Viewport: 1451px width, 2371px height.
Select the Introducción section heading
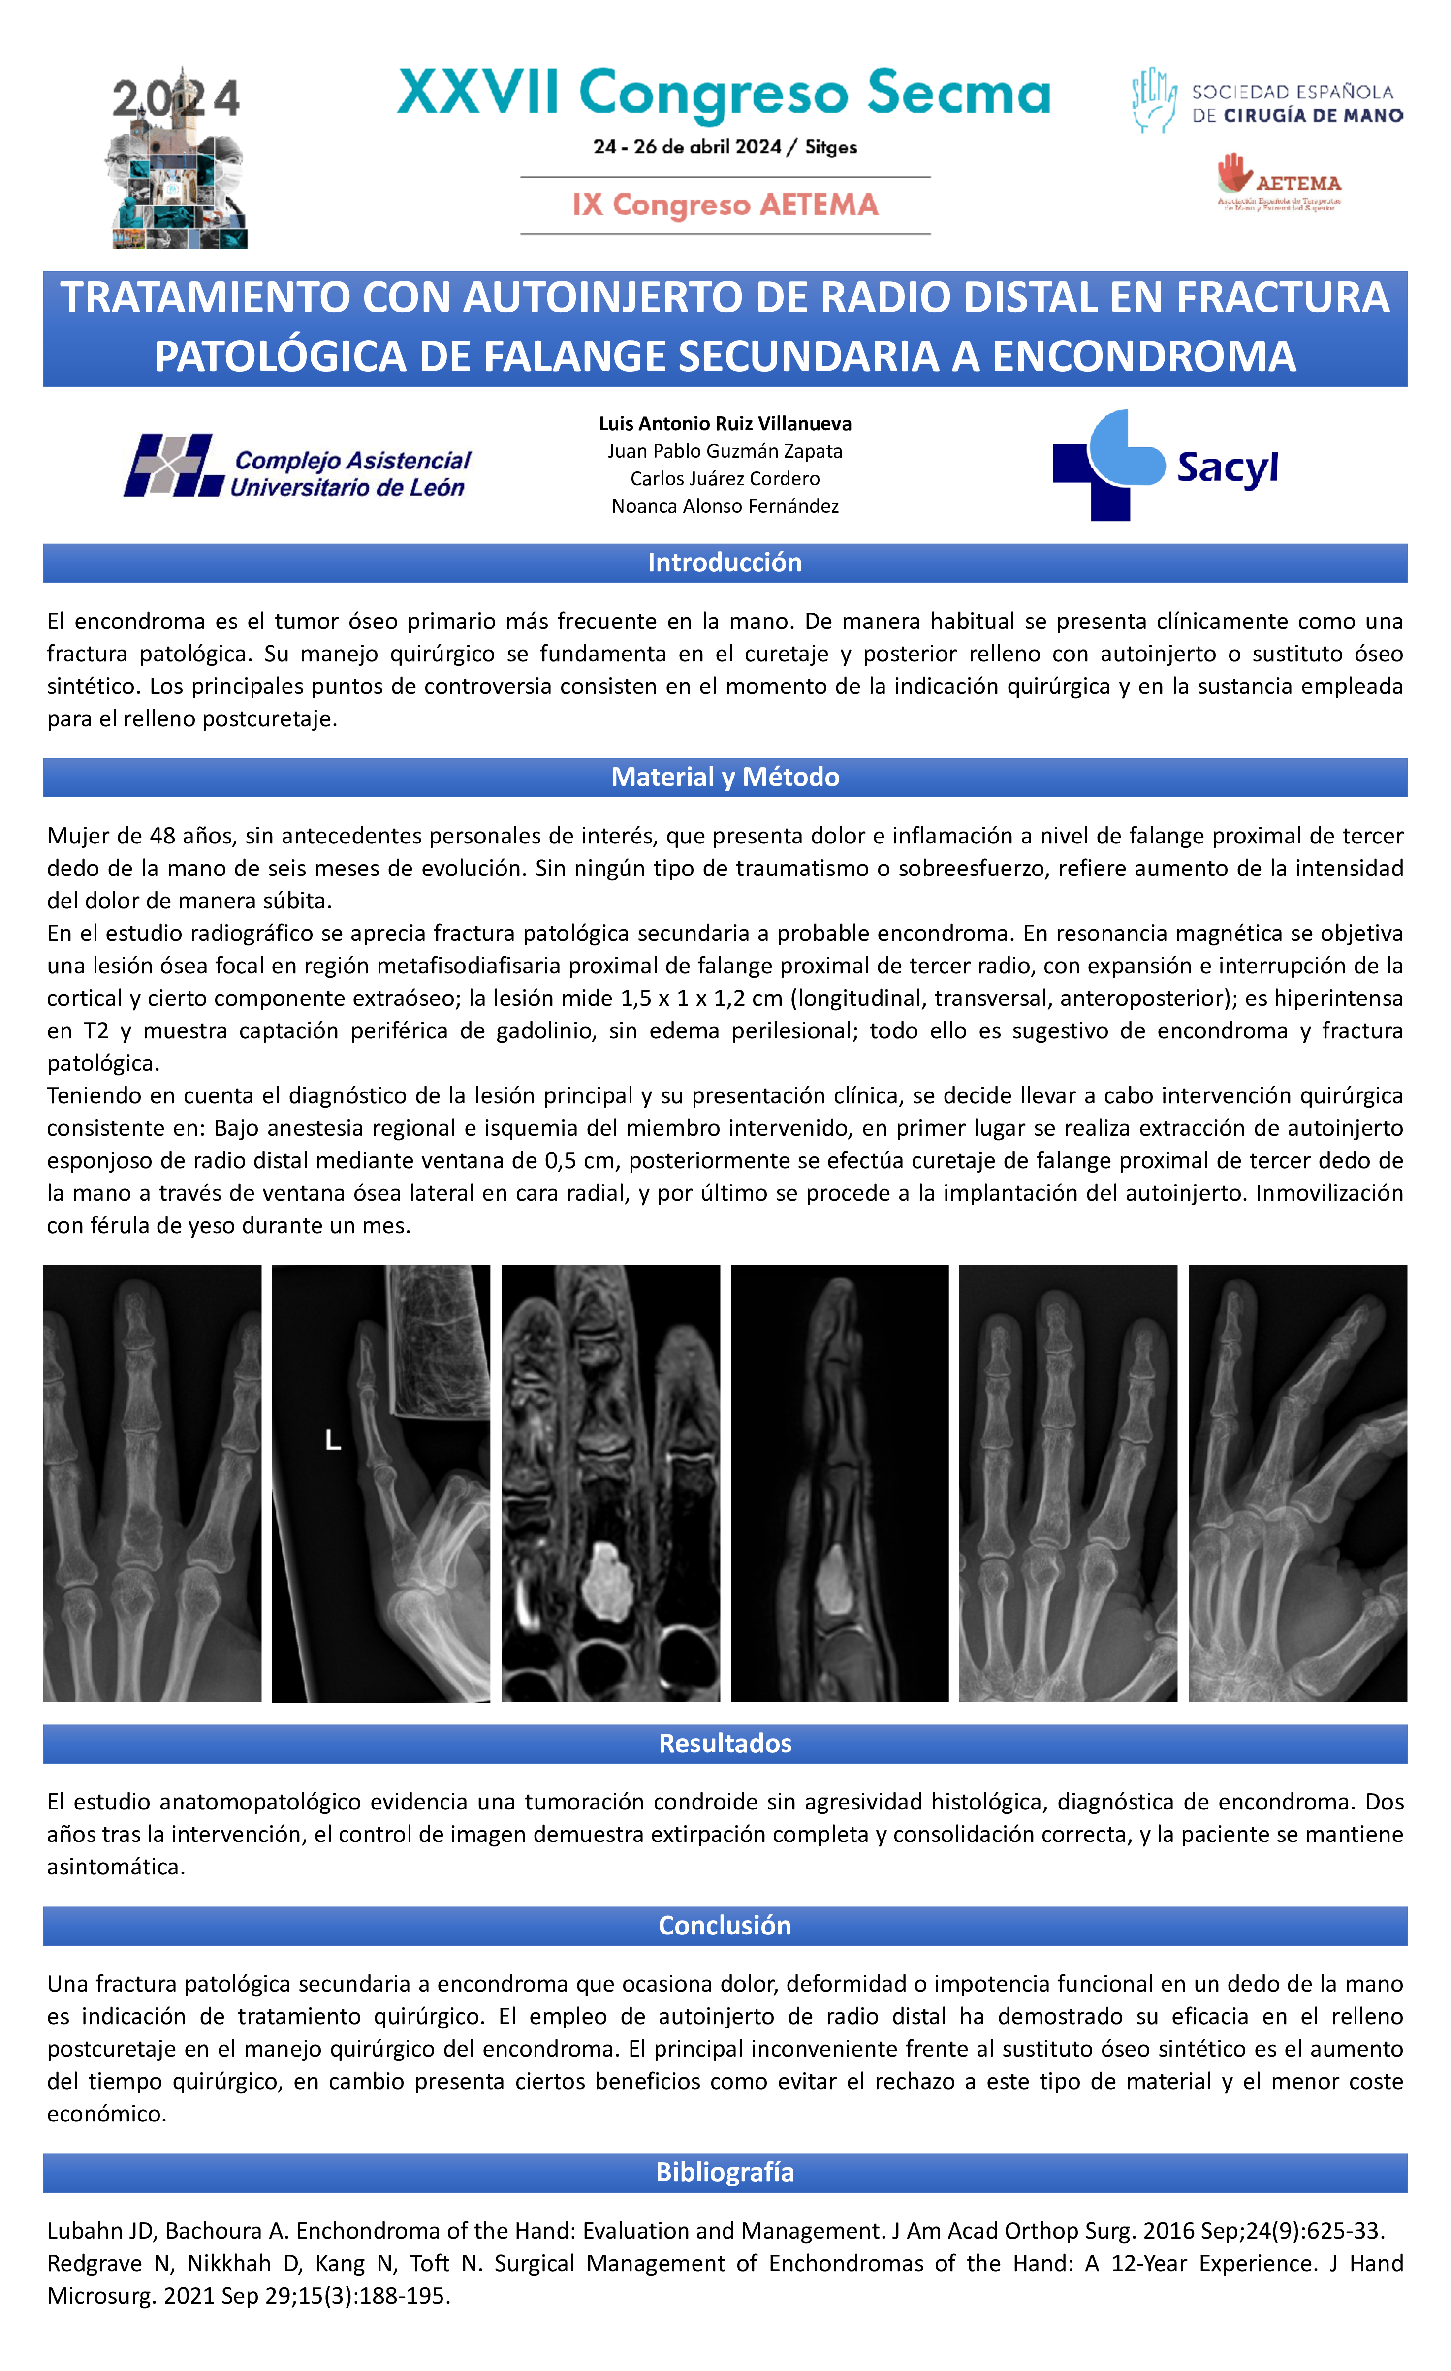click(x=725, y=563)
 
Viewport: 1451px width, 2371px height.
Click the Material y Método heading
click(x=725, y=778)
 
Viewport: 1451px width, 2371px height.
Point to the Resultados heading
click(x=725, y=1744)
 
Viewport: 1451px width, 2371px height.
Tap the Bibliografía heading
click(x=725, y=2173)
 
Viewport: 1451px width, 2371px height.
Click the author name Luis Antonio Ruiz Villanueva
click(x=725, y=423)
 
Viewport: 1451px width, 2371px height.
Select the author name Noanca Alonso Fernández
click(x=725, y=506)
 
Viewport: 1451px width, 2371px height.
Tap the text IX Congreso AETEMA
click(x=725, y=205)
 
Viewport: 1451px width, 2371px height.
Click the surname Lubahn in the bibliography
click(x=84, y=2231)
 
